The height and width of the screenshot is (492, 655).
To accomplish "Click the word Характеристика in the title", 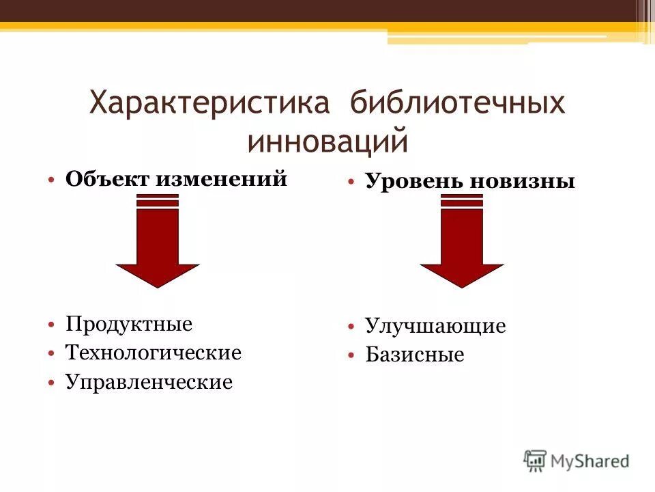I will click(x=210, y=105).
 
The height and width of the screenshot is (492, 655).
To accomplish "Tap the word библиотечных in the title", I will click(x=458, y=105).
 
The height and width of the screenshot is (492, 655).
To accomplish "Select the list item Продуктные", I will click(x=129, y=323).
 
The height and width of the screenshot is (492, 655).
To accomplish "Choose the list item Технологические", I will click(x=153, y=353).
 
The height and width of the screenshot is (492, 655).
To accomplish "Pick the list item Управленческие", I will click(x=149, y=382).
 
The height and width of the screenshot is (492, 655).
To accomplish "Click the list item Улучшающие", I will click(x=435, y=326).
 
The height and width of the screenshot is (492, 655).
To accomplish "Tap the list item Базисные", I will click(x=414, y=355).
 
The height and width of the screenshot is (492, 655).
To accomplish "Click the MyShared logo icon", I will click(x=536, y=461).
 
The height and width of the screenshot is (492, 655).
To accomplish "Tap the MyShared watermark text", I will click(x=590, y=461).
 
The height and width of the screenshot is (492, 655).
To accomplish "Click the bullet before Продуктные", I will click(x=52, y=324).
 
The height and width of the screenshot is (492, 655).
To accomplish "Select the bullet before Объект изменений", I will click(x=52, y=180).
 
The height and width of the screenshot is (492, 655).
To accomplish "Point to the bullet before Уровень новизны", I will click(x=351, y=182).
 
